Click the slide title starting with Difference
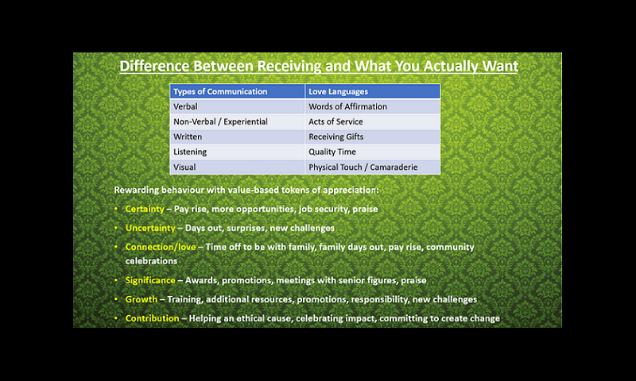tap(319, 66)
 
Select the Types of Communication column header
tap(237, 91)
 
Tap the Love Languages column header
tap(372, 91)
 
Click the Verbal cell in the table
tap(237, 106)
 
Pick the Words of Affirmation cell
tap(372, 106)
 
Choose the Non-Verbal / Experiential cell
tap(237, 121)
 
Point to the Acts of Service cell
tap(372, 121)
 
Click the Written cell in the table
tap(237, 137)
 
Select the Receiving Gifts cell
tap(372, 137)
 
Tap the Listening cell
tap(237, 152)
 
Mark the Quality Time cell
tap(372, 152)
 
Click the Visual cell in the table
tap(237, 167)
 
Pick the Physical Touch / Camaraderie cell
tap(372, 167)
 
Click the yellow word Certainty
tap(145, 209)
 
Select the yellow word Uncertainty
tap(150, 228)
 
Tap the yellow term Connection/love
tap(161, 247)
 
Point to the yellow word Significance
tap(150, 280)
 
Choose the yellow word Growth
tap(142, 299)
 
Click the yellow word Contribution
tap(152, 318)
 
